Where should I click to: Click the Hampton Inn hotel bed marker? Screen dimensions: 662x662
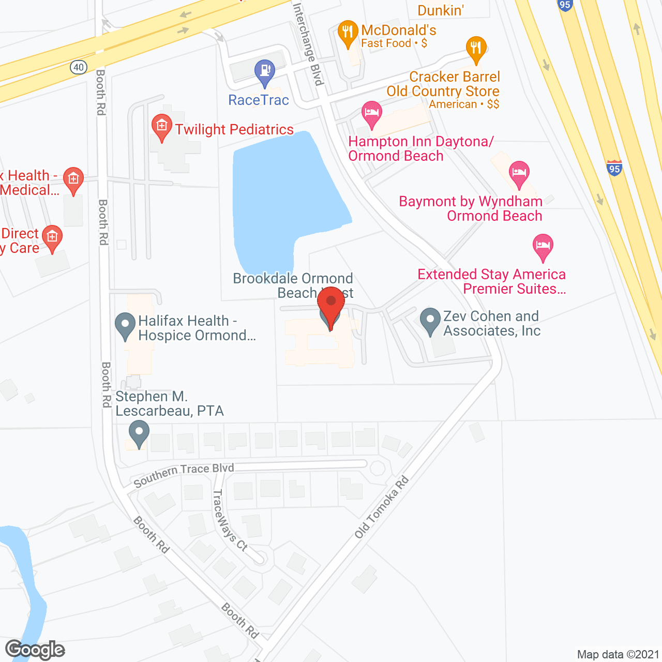[x=371, y=114]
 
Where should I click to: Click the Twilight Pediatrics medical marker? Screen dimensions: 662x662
[x=162, y=127]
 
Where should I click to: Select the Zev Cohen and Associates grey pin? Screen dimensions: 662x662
[x=430, y=321]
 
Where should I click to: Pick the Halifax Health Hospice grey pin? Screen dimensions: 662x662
[x=125, y=325]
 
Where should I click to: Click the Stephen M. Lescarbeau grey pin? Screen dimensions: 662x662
[x=139, y=433]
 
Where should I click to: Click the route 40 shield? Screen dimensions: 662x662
[x=79, y=67]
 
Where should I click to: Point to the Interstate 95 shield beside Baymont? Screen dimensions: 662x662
[x=614, y=169]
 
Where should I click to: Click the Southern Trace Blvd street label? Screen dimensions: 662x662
[x=184, y=474]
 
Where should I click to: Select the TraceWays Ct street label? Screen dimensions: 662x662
[x=230, y=519]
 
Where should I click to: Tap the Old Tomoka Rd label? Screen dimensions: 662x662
[x=382, y=507]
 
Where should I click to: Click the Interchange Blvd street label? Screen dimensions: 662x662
[x=308, y=44]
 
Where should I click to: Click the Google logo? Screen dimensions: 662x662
[x=35, y=650]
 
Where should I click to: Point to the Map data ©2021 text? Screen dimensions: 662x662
[x=618, y=655]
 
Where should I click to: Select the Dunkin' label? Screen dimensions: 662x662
[x=441, y=10]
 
